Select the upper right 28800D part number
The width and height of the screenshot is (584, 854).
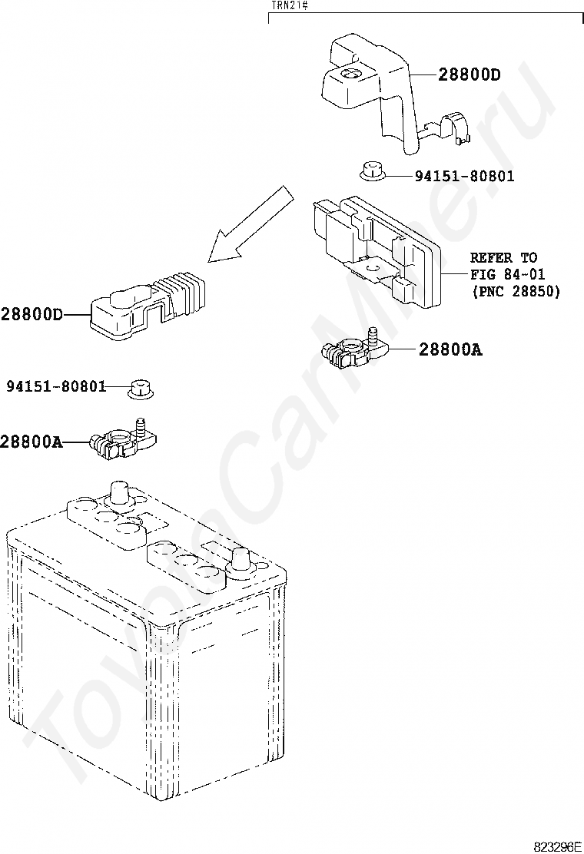coord(469,74)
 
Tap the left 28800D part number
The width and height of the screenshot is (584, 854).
coord(32,314)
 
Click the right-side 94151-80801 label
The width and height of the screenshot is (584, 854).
coord(464,176)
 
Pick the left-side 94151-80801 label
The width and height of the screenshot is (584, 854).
coord(56,386)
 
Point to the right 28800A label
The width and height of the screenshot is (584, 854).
coord(450,349)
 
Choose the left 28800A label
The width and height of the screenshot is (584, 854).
coord(31,442)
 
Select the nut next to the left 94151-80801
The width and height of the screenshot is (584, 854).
coord(141,388)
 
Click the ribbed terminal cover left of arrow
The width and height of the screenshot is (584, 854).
coord(148,308)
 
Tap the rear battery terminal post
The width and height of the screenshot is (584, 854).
coord(119,495)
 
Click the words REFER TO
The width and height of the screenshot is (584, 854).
coord(504,257)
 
